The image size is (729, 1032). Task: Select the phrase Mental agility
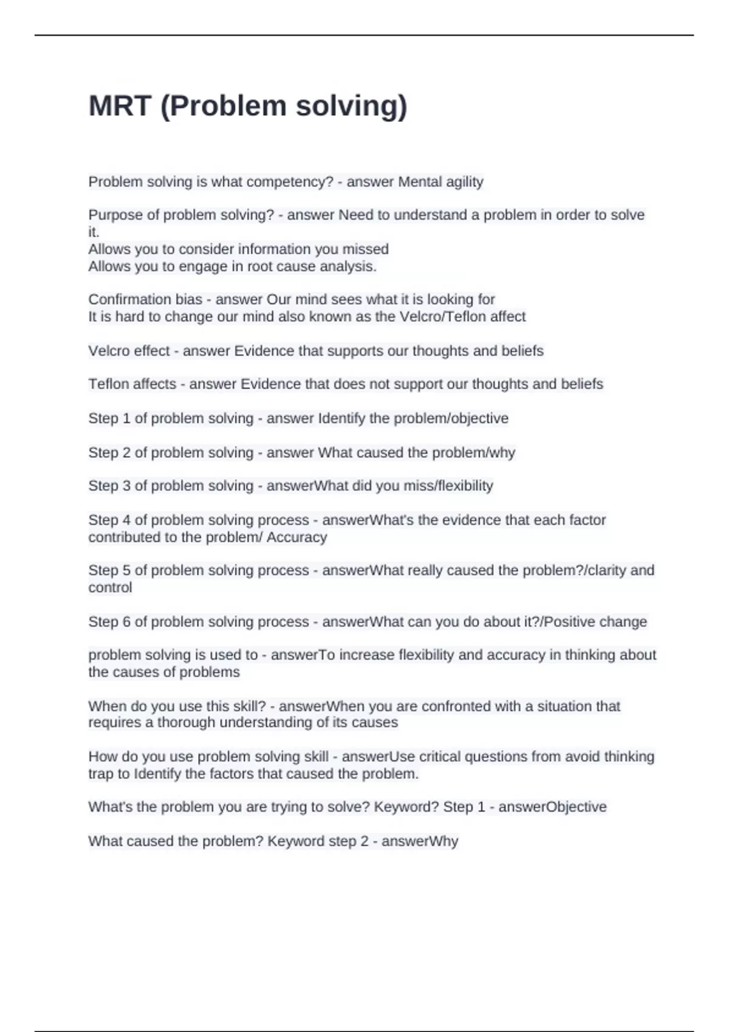pyautogui.click(x=440, y=182)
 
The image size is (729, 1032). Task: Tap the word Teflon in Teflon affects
pyautogui.click(x=108, y=384)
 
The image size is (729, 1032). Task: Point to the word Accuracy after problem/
pyautogui.click(x=297, y=537)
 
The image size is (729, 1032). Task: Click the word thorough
pyautogui.click(x=186, y=722)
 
